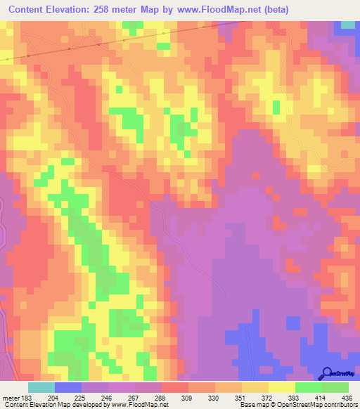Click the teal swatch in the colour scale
tap(41, 387)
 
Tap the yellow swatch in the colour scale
tap(281, 387)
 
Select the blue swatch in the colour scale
tap(67, 387)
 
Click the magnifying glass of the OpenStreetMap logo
tap(327, 373)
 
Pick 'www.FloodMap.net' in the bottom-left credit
tap(140, 404)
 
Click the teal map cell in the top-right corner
tap(348, 25)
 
